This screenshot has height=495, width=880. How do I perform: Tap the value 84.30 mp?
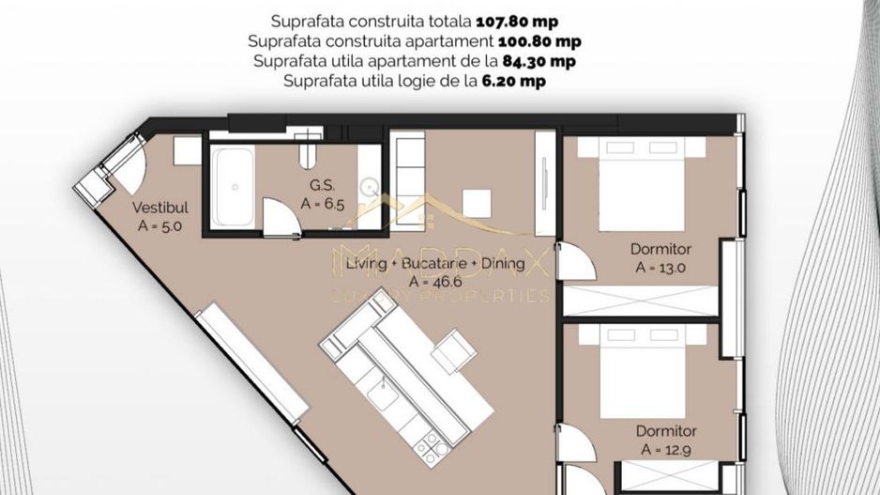pos(539,61)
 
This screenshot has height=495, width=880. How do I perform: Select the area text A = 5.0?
pos(159,225)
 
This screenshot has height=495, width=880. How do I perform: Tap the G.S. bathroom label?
pos(323,185)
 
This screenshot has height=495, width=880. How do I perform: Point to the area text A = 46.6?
pos(428,281)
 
